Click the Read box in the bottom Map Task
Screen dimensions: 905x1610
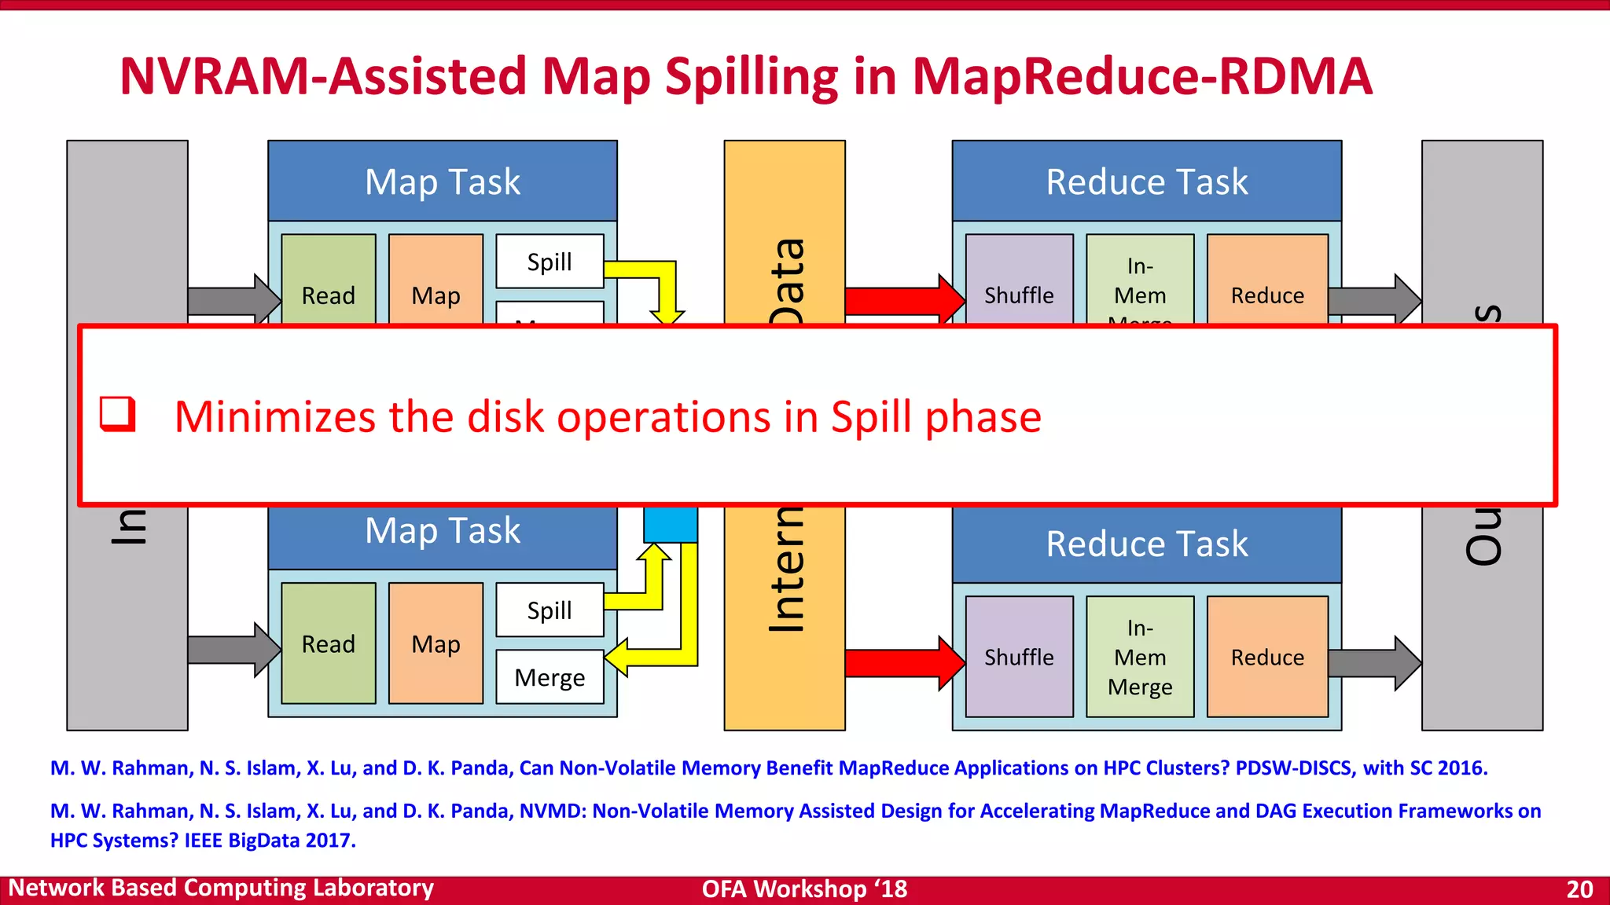pyautogui.click(x=328, y=643)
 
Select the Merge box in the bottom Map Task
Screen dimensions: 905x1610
pyautogui.click(x=550, y=677)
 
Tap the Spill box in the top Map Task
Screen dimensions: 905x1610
pyautogui.click(x=550, y=262)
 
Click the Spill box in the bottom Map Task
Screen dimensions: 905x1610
pyautogui.click(x=550, y=610)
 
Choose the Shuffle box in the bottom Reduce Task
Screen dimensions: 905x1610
pyautogui.click(x=1019, y=657)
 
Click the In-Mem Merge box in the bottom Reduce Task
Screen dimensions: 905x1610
pyautogui.click(x=1140, y=657)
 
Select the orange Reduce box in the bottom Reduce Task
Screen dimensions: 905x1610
pyautogui.click(x=1267, y=657)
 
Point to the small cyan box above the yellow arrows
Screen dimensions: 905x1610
pyautogui.click(x=671, y=524)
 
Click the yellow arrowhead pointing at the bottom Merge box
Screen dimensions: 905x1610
pyautogui.click(x=618, y=657)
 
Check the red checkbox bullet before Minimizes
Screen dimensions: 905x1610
pyautogui.click(x=118, y=414)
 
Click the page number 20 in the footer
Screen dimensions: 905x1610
pyautogui.click(x=1579, y=889)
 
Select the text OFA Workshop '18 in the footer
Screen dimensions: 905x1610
pyautogui.click(x=804, y=889)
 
